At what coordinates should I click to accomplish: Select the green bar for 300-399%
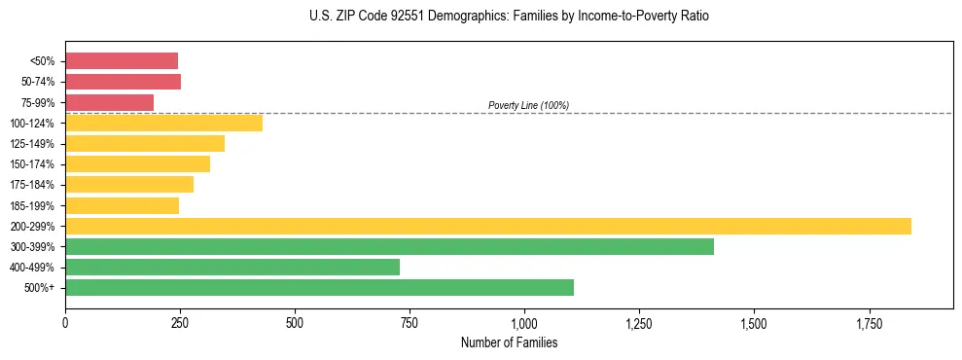click(389, 247)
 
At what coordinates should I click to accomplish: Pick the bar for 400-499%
click(232, 267)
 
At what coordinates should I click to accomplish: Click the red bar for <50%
click(122, 61)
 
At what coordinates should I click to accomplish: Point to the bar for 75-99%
click(109, 102)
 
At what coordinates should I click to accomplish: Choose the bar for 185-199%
click(122, 205)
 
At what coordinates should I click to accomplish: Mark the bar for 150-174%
click(137, 163)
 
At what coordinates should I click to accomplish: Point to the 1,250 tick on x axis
click(639, 322)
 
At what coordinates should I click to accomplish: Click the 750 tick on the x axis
click(410, 322)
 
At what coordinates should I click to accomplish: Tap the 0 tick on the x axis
click(65, 322)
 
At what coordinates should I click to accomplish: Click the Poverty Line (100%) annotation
click(528, 105)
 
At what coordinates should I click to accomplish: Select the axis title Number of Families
click(509, 342)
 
